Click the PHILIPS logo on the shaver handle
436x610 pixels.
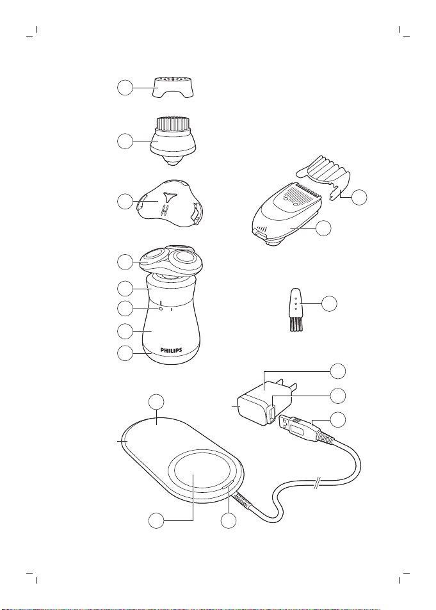click(172, 350)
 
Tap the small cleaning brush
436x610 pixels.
click(296, 310)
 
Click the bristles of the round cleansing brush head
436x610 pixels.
click(174, 124)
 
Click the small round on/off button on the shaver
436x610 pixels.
click(160, 309)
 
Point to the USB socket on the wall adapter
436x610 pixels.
click(271, 413)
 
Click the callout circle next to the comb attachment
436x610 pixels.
click(359, 197)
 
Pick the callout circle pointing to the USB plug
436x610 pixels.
click(338, 419)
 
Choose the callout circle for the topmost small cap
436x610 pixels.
click(125, 88)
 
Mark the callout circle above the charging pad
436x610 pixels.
click(156, 402)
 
